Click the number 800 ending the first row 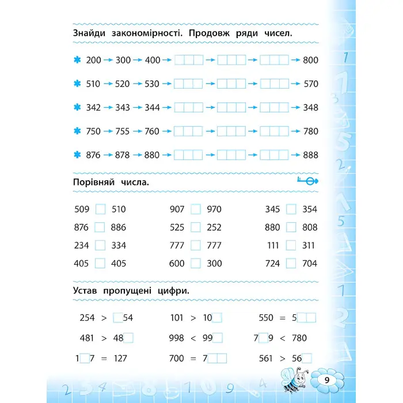tap(310, 60)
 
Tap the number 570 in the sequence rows tap(310, 83)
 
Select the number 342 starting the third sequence tap(93, 108)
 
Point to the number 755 tap(123, 131)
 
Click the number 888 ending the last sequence tap(310, 155)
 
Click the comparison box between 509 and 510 tap(100, 210)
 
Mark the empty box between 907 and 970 tap(196, 210)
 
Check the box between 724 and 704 tap(291, 263)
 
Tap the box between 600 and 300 tap(196, 263)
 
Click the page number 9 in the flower tap(326, 380)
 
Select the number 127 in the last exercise tap(118, 358)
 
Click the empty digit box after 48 tap(128, 338)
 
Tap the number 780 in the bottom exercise tap(299, 338)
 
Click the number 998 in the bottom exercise tap(177, 338)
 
